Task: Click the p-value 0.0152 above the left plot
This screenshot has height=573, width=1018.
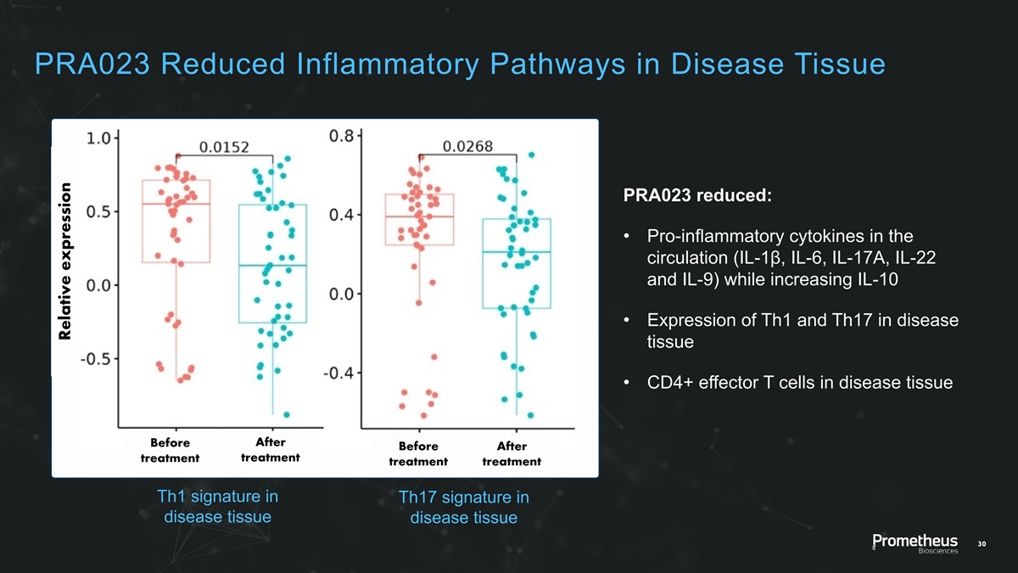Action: (x=224, y=148)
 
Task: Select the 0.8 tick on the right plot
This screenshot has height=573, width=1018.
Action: (x=343, y=136)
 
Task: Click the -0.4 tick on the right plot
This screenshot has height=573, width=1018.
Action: (x=339, y=373)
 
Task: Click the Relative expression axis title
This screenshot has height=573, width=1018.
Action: (x=65, y=263)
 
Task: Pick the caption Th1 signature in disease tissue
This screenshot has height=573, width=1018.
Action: (x=219, y=507)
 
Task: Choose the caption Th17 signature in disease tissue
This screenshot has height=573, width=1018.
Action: (x=463, y=508)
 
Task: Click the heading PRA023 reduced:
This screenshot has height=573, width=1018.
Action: (x=697, y=195)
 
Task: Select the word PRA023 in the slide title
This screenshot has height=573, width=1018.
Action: (x=87, y=64)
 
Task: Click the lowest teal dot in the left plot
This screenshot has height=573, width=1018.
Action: (x=287, y=414)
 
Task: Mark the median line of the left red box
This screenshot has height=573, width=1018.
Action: (x=176, y=204)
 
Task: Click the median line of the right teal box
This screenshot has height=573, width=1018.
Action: (x=516, y=252)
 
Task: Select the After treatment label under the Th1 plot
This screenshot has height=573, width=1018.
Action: (x=270, y=450)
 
